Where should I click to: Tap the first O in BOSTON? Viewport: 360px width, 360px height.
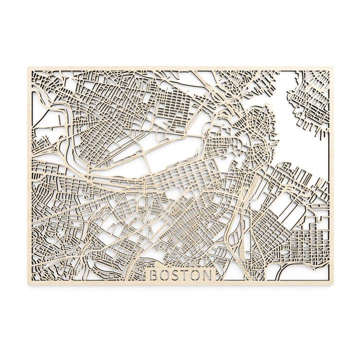pos(166,275)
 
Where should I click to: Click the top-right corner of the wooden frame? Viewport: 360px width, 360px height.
pos(332,67)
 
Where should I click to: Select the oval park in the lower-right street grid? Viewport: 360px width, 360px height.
pos(285,251)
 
